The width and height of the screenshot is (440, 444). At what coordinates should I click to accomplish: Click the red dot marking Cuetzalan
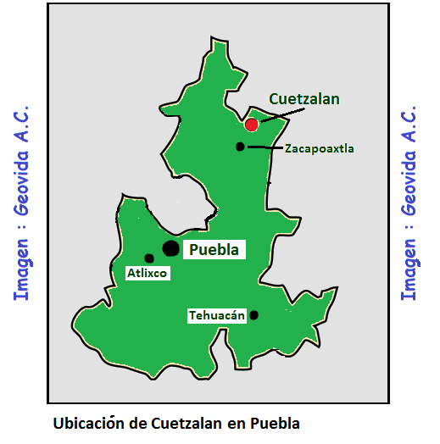coord(251,125)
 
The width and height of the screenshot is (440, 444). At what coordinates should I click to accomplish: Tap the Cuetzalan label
coord(304,99)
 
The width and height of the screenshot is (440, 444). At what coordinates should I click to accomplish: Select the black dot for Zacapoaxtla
coord(240,147)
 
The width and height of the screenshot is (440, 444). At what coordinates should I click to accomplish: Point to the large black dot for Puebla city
coord(170,247)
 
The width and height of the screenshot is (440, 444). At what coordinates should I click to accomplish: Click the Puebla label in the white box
coord(216,249)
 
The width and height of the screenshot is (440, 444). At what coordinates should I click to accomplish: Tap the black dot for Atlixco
coord(149,258)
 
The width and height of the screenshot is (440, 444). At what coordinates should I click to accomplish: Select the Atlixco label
coord(148,273)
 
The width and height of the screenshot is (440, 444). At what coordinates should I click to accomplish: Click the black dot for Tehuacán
coord(253,315)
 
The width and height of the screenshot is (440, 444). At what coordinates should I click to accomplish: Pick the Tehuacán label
coord(216,315)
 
